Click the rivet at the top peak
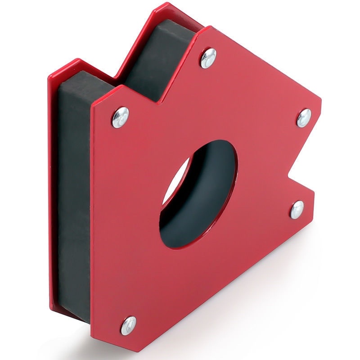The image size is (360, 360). pyautogui.click(x=208, y=58)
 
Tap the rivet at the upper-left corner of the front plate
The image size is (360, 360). pyautogui.click(x=120, y=117)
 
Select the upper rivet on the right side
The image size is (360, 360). pyautogui.click(x=304, y=118)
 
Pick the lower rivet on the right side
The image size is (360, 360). pyautogui.click(x=297, y=210)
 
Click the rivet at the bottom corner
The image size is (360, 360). pyautogui.click(x=128, y=324)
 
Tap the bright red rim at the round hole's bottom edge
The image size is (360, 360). pyautogui.click(x=180, y=245)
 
